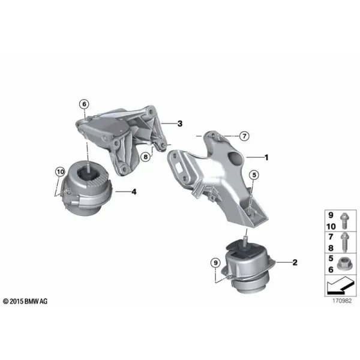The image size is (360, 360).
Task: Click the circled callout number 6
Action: point(84,104)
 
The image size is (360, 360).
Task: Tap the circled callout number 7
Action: point(244,136)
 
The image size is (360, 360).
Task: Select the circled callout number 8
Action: point(146,157)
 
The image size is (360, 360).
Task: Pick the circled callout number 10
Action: point(60,172)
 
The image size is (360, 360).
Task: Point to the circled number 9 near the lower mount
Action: point(215,263)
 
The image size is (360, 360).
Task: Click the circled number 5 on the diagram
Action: point(254,175)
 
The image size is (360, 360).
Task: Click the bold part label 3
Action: point(180,124)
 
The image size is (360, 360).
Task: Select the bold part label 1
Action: point(266,157)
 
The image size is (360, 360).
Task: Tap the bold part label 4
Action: point(134,191)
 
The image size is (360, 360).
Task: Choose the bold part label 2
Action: point(295,262)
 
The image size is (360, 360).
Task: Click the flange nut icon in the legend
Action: point(343,263)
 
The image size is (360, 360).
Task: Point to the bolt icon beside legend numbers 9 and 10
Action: point(344,221)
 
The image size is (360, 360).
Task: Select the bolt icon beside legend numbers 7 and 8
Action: point(344,242)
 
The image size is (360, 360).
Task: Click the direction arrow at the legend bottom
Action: point(340,285)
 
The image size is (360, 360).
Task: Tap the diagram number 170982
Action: point(342,301)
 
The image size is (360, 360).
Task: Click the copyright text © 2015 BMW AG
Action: point(25,301)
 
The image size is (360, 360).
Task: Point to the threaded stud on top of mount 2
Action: point(245,241)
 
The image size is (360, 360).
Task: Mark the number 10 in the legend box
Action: point(331,227)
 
